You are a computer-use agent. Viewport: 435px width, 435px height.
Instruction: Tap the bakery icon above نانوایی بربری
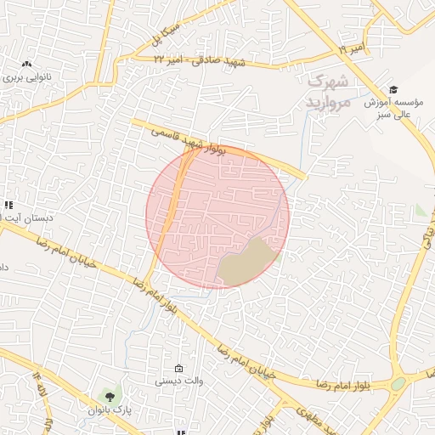(x=26, y=64)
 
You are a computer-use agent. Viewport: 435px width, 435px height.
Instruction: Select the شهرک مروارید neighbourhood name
(x=327, y=92)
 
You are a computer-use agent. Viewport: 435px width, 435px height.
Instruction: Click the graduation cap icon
(x=393, y=89)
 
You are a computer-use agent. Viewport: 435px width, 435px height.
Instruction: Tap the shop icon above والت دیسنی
(x=178, y=368)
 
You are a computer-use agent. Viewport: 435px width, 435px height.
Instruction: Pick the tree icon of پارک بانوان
(x=107, y=395)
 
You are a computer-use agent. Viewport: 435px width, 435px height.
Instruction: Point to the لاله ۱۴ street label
(x=39, y=384)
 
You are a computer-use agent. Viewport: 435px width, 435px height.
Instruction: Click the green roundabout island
(x=398, y=384)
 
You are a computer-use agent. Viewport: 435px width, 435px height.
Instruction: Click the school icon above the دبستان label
(x=9, y=205)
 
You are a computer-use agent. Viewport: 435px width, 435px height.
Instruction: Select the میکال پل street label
(x=167, y=32)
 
